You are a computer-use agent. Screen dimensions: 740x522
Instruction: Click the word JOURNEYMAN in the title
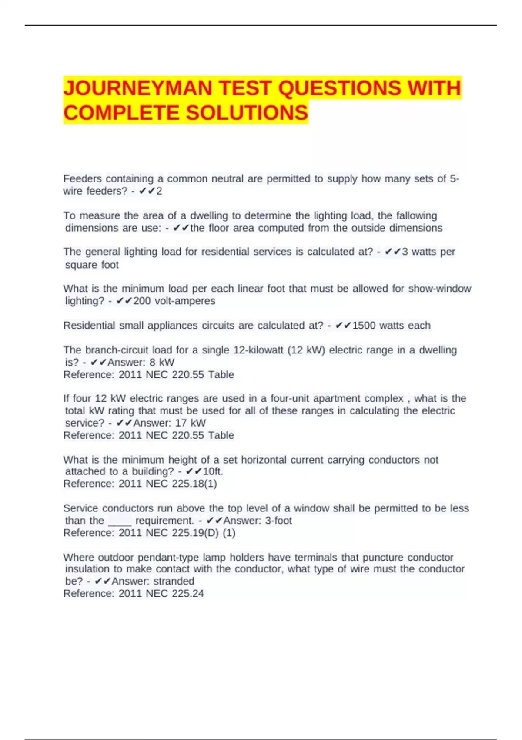[138, 88]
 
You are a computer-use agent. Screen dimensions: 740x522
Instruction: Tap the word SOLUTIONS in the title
[247, 113]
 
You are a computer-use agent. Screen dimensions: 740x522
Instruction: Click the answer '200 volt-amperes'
[174, 301]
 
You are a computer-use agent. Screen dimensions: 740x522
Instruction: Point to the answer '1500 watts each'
[391, 326]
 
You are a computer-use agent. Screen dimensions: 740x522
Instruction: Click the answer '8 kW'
[162, 362]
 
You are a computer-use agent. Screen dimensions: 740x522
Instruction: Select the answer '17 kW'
[191, 423]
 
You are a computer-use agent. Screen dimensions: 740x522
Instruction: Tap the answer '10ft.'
[213, 471]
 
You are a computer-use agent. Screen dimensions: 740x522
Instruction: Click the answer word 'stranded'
[174, 581]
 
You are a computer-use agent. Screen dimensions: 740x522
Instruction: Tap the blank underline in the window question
[120, 521]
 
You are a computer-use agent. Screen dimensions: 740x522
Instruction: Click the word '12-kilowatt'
[258, 350]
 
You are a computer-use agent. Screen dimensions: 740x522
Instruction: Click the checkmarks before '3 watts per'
[392, 252]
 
